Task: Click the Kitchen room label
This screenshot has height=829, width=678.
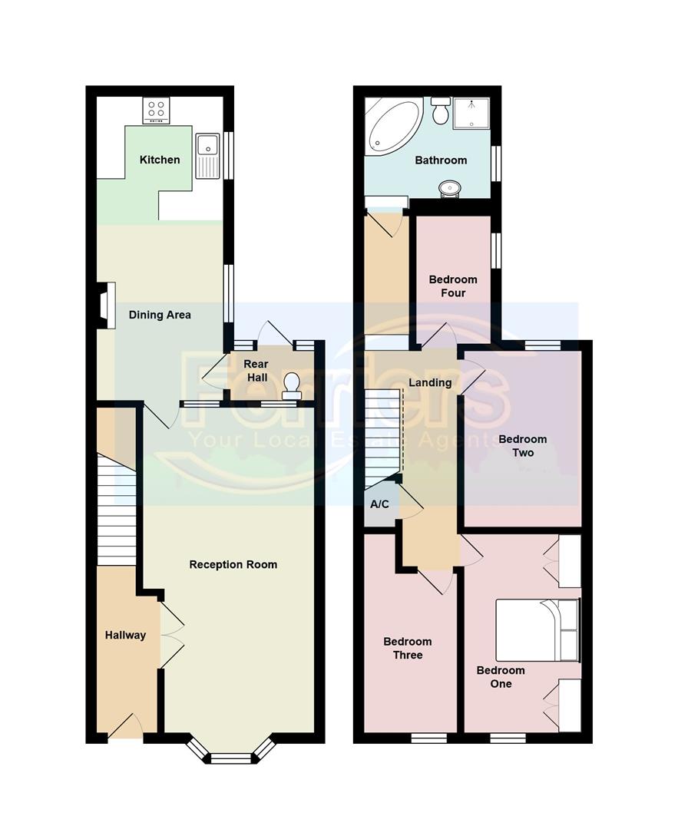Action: click(160, 160)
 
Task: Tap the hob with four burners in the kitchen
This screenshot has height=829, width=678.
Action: click(157, 111)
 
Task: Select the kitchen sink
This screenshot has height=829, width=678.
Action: click(207, 156)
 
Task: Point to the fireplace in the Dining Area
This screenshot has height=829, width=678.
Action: click(106, 306)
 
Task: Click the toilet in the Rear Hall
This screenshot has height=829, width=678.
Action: click(292, 385)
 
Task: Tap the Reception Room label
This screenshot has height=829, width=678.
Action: click(233, 565)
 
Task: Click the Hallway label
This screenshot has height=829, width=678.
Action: click(125, 635)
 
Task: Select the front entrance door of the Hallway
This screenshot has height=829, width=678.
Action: click(125, 728)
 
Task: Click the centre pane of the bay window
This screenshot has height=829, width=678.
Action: click(231, 758)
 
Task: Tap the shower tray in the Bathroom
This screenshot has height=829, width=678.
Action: click(471, 113)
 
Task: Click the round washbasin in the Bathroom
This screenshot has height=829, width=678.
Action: click(450, 187)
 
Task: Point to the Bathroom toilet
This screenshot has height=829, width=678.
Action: click(441, 112)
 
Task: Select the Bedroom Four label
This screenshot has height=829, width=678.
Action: click(453, 286)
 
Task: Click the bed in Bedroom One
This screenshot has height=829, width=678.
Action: click(537, 630)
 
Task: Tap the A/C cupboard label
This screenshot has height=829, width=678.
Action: click(379, 505)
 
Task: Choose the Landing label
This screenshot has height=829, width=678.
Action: click(430, 382)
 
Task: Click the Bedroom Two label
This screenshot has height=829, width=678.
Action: click(523, 446)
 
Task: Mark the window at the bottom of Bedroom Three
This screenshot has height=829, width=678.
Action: click(428, 738)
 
